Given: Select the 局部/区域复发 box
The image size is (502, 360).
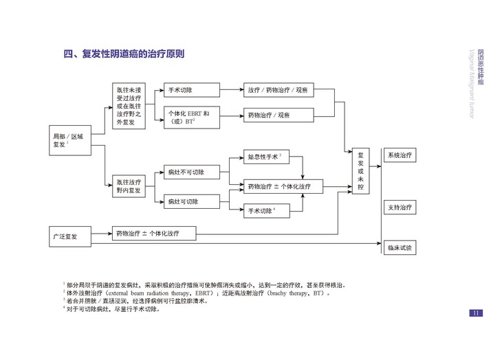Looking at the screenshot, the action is pos(70,140).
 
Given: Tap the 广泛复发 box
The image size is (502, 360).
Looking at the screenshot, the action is pos(70,236).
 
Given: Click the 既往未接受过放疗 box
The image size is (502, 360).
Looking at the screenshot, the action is pos(129,106).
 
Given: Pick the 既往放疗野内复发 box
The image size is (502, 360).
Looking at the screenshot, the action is pos(129,186).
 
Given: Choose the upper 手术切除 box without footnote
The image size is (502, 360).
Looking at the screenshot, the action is pos(192,90).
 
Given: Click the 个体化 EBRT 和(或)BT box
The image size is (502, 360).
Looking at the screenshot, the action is pos(192,117).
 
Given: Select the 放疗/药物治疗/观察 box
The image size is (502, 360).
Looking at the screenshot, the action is pos(279,90).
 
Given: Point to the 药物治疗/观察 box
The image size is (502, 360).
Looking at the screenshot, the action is pos(279,115).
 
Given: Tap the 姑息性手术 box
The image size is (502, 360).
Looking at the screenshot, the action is pos(266,157).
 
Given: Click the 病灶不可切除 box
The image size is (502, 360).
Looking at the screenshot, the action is pos(192,172).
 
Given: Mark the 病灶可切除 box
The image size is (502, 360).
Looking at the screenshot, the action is pos(192,201).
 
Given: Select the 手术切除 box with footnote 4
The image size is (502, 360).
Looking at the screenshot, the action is pos(267,211).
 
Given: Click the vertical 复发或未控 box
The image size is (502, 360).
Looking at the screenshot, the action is pos(361,171).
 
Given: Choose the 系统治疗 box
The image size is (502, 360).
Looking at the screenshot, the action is pos(400,155).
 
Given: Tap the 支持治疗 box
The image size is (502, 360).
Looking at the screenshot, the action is pos(400,207).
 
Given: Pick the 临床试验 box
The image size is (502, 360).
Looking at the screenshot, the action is pos(400,247).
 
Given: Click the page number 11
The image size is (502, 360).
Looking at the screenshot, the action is pos(476,313).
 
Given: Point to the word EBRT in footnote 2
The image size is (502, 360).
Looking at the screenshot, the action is pos(203,293).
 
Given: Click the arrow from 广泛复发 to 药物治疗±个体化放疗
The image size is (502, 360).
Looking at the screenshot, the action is pos(102,234).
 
